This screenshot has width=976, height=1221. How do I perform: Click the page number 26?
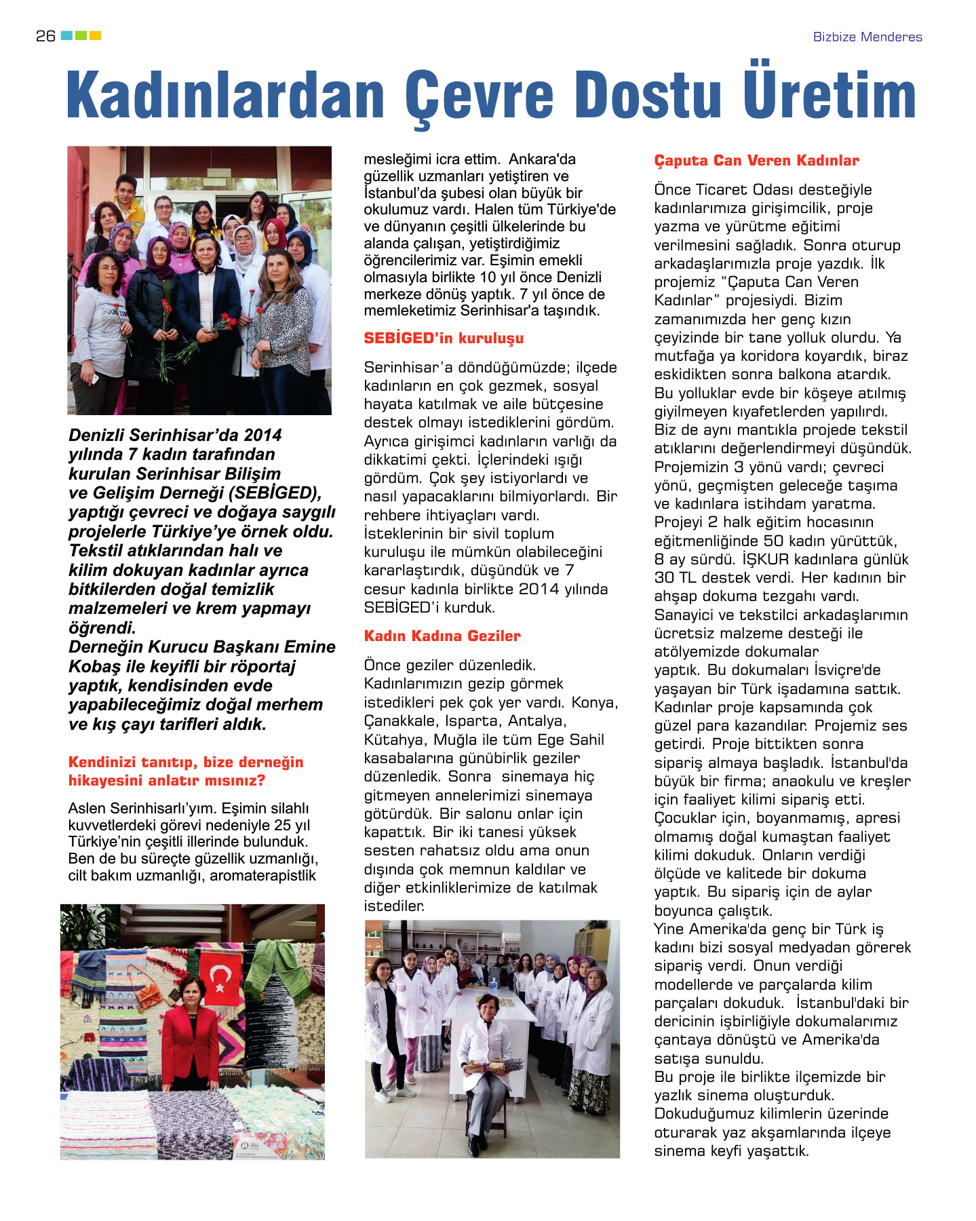pos(45,36)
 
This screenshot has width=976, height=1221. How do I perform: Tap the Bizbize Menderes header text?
pos(867,37)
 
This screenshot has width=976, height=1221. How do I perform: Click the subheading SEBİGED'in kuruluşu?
pos(444,338)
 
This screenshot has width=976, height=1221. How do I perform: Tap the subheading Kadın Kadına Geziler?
pos(442,636)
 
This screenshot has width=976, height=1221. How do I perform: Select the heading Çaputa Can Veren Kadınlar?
pos(756,161)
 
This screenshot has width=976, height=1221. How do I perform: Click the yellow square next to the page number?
pos(95,35)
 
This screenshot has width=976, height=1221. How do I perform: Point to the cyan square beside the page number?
pos(66,35)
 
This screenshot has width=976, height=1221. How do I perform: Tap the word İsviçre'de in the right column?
pos(847,670)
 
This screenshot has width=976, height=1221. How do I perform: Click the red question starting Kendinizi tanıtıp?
pos(186,771)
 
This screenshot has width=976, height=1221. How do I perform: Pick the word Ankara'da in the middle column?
pos(542,159)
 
